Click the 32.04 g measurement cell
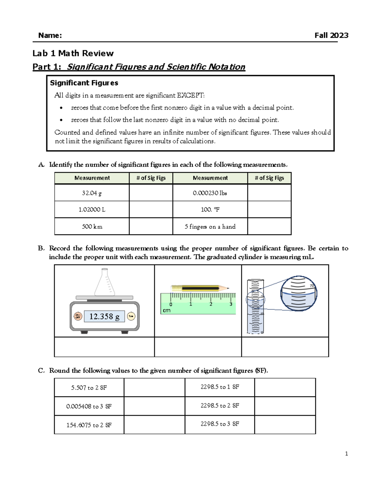click(x=92, y=193)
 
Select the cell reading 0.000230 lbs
click(x=210, y=193)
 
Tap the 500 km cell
click(x=92, y=226)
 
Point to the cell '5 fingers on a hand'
click(x=210, y=226)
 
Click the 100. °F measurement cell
click(x=210, y=210)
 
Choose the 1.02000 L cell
click(x=92, y=210)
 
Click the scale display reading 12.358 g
click(x=104, y=316)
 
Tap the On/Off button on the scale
click(x=78, y=316)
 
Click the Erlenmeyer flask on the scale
click(x=105, y=283)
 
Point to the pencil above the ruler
click(x=200, y=288)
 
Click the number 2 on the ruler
click(x=211, y=304)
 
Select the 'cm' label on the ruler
click(x=166, y=311)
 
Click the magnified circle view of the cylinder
click(x=298, y=293)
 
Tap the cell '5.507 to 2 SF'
click(x=89, y=388)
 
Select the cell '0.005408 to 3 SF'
click(x=89, y=407)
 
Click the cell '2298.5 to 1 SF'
click(x=220, y=387)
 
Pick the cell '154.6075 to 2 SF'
click(x=89, y=425)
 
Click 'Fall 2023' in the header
click(x=331, y=35)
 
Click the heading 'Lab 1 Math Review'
click(x=73, y=53)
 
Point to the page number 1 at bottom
click(x=347, y=453)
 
